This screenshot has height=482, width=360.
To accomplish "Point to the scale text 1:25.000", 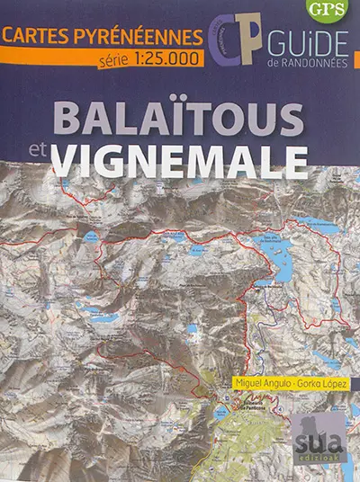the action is [x=162, y=59].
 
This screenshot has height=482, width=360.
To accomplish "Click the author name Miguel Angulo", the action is [x=260, y=384].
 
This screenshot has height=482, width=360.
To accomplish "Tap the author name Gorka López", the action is [x=321, y=384].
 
